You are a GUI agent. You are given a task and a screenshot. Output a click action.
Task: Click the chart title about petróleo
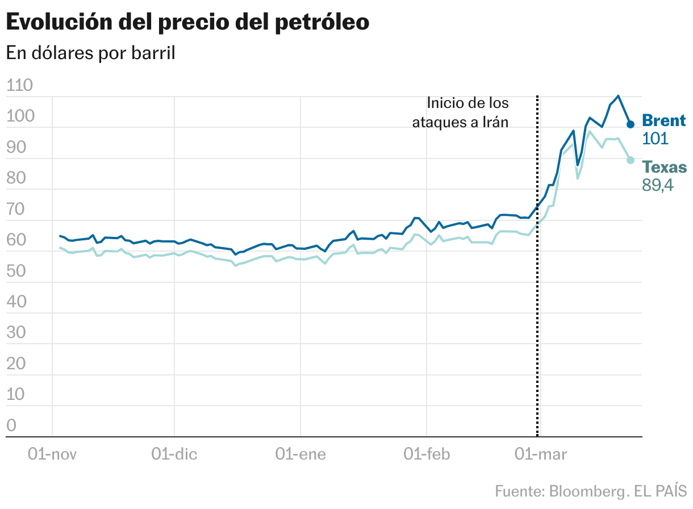(x=187, y=22)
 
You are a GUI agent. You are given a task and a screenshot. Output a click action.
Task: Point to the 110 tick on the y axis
(x=19, y=86)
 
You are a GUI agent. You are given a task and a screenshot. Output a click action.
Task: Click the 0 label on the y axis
(x=12, y=425)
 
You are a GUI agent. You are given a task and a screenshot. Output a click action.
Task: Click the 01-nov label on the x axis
(x=52, y=454)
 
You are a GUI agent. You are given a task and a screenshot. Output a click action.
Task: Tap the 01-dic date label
(x=174, y=454)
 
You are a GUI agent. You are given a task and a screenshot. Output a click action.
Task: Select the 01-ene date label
(x=300, y=454)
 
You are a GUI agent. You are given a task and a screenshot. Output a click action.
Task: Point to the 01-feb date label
(x=426, y=454)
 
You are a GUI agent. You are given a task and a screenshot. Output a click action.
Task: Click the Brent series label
(x=663, y=120)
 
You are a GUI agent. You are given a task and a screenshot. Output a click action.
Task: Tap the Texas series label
(x=664, y=168)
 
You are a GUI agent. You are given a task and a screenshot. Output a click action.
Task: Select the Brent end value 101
(x=654, y=139)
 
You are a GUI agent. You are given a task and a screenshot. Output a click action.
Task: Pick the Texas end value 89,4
(x=657, y=185)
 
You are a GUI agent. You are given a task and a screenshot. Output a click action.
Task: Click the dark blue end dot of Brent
(x=631, y=124)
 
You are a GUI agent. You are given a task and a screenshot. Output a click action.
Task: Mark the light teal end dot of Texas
(x=631, y=160)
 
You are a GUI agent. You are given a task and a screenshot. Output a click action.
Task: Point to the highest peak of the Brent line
(x=619, y=96)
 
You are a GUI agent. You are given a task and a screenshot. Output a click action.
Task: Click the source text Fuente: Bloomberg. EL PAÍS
(x=590, y=490)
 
